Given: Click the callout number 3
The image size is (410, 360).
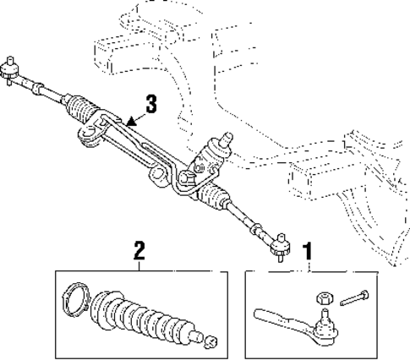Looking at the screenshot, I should coord(151,104).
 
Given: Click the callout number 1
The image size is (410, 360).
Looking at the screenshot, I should coord(309,250).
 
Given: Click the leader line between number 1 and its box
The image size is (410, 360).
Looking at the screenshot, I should coord(309,264).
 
